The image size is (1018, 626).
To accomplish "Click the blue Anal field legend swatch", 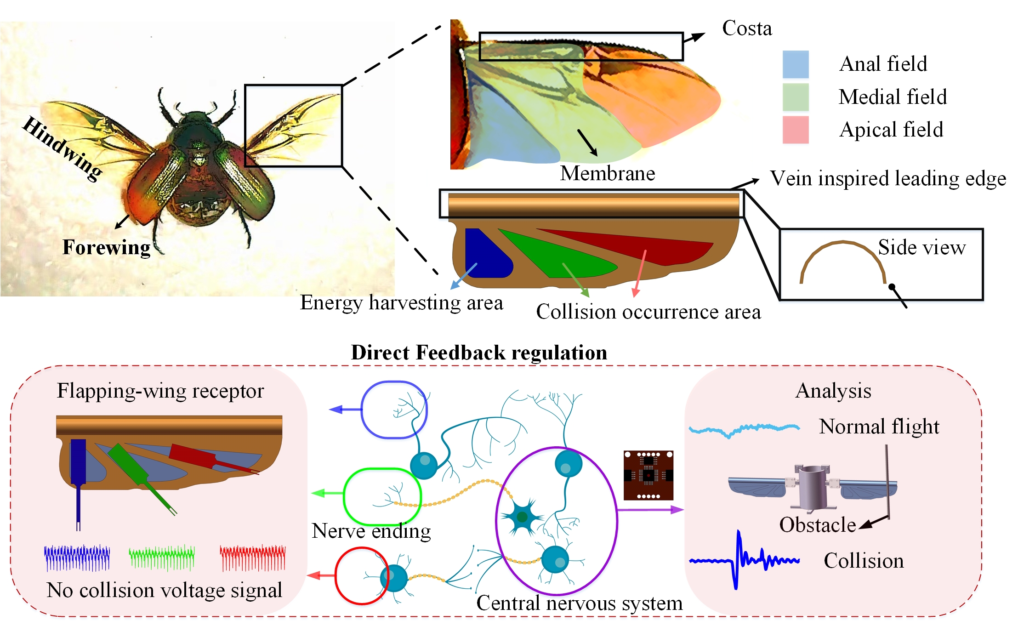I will [x=796, y=64].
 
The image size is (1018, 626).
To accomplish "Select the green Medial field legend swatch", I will [x=796, y=97].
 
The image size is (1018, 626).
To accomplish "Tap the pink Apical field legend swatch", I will [x=796, y=130].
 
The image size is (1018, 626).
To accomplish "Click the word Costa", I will [x=747, y=28].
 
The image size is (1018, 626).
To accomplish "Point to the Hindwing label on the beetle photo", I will [x=63, y=148].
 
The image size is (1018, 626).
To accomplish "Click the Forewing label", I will [x=106, y=247].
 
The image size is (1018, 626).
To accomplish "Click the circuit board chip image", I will [x=648, y=475].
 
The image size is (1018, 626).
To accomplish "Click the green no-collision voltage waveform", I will [x=161, y=558].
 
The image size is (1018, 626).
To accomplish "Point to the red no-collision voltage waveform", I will [x=252, y=558].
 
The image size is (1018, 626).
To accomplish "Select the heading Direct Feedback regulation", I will [x=479, y=353].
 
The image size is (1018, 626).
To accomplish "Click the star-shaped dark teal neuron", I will [x=522, y=517].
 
